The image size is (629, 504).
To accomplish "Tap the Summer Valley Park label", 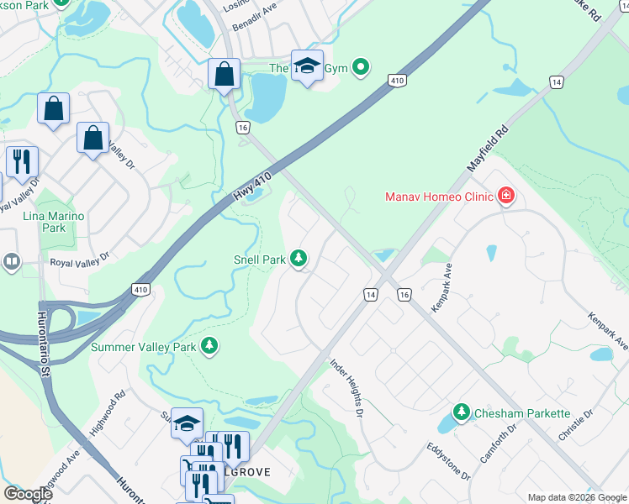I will point(143,346).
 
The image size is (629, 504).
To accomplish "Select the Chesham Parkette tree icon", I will point(461,412).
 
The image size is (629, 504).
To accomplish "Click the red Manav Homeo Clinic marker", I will point(506,197).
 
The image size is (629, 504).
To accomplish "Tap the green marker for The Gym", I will point(361,67).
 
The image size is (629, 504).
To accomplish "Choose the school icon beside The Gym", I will point(308,67).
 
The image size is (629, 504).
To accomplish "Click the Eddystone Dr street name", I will point(447,462).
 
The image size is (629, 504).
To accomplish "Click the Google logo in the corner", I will point(28,494).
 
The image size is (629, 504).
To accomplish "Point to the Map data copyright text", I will point(576,497).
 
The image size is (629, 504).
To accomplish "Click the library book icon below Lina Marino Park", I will point(12,262).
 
